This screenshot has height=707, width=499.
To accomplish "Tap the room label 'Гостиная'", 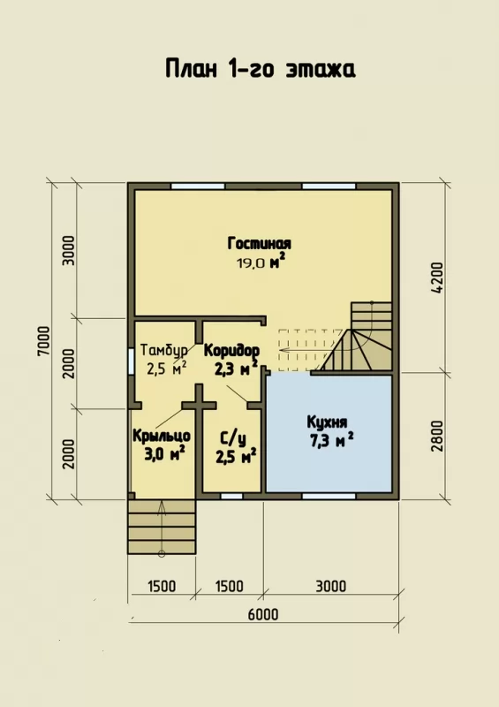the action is coord(259,244).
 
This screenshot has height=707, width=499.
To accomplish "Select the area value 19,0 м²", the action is coord(261,262).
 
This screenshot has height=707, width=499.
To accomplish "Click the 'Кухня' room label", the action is coord(327,422).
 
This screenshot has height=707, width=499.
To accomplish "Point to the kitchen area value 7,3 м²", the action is coord(331,440).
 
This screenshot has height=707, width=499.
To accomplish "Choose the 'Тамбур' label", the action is coord(164,351).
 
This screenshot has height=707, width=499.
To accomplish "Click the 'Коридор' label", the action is coord(231,350).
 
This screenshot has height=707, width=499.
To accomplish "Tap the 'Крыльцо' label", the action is coord(162,437).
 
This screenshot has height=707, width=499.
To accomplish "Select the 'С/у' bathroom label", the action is coord(233,438).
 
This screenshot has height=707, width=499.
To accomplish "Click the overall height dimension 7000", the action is coord(44,341).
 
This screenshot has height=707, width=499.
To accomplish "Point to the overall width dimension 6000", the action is coord(263,614).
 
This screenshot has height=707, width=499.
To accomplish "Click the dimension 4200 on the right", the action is coord(438,278).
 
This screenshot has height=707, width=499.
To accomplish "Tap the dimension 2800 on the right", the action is coord(438,437).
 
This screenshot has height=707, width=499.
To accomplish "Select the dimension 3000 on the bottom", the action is coord(331,586).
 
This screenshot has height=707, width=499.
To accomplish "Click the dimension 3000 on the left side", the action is coord(69,251).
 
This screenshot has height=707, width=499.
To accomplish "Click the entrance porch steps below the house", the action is coord(162,526).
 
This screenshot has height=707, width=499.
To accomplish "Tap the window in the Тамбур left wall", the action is coord(131,361).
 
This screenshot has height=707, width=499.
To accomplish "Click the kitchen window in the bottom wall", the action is coord(329,497).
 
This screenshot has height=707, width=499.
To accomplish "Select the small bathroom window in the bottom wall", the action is coord(231,497).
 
